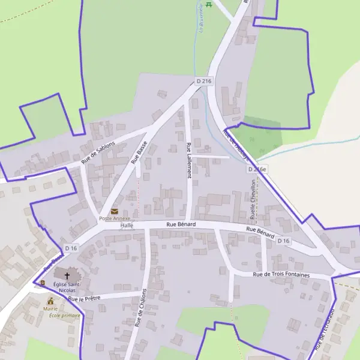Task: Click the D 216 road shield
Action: pos(204,81)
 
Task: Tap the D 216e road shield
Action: pos(257,170)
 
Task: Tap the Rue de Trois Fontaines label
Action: pos(281,275)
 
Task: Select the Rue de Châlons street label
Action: pos(140,307)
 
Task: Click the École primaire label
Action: pos(64,315)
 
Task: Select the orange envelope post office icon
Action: pos(114,211)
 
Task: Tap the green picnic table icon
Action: pos(208,5)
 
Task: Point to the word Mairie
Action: pos(50,308)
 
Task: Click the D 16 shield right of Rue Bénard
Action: pos(284,241)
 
